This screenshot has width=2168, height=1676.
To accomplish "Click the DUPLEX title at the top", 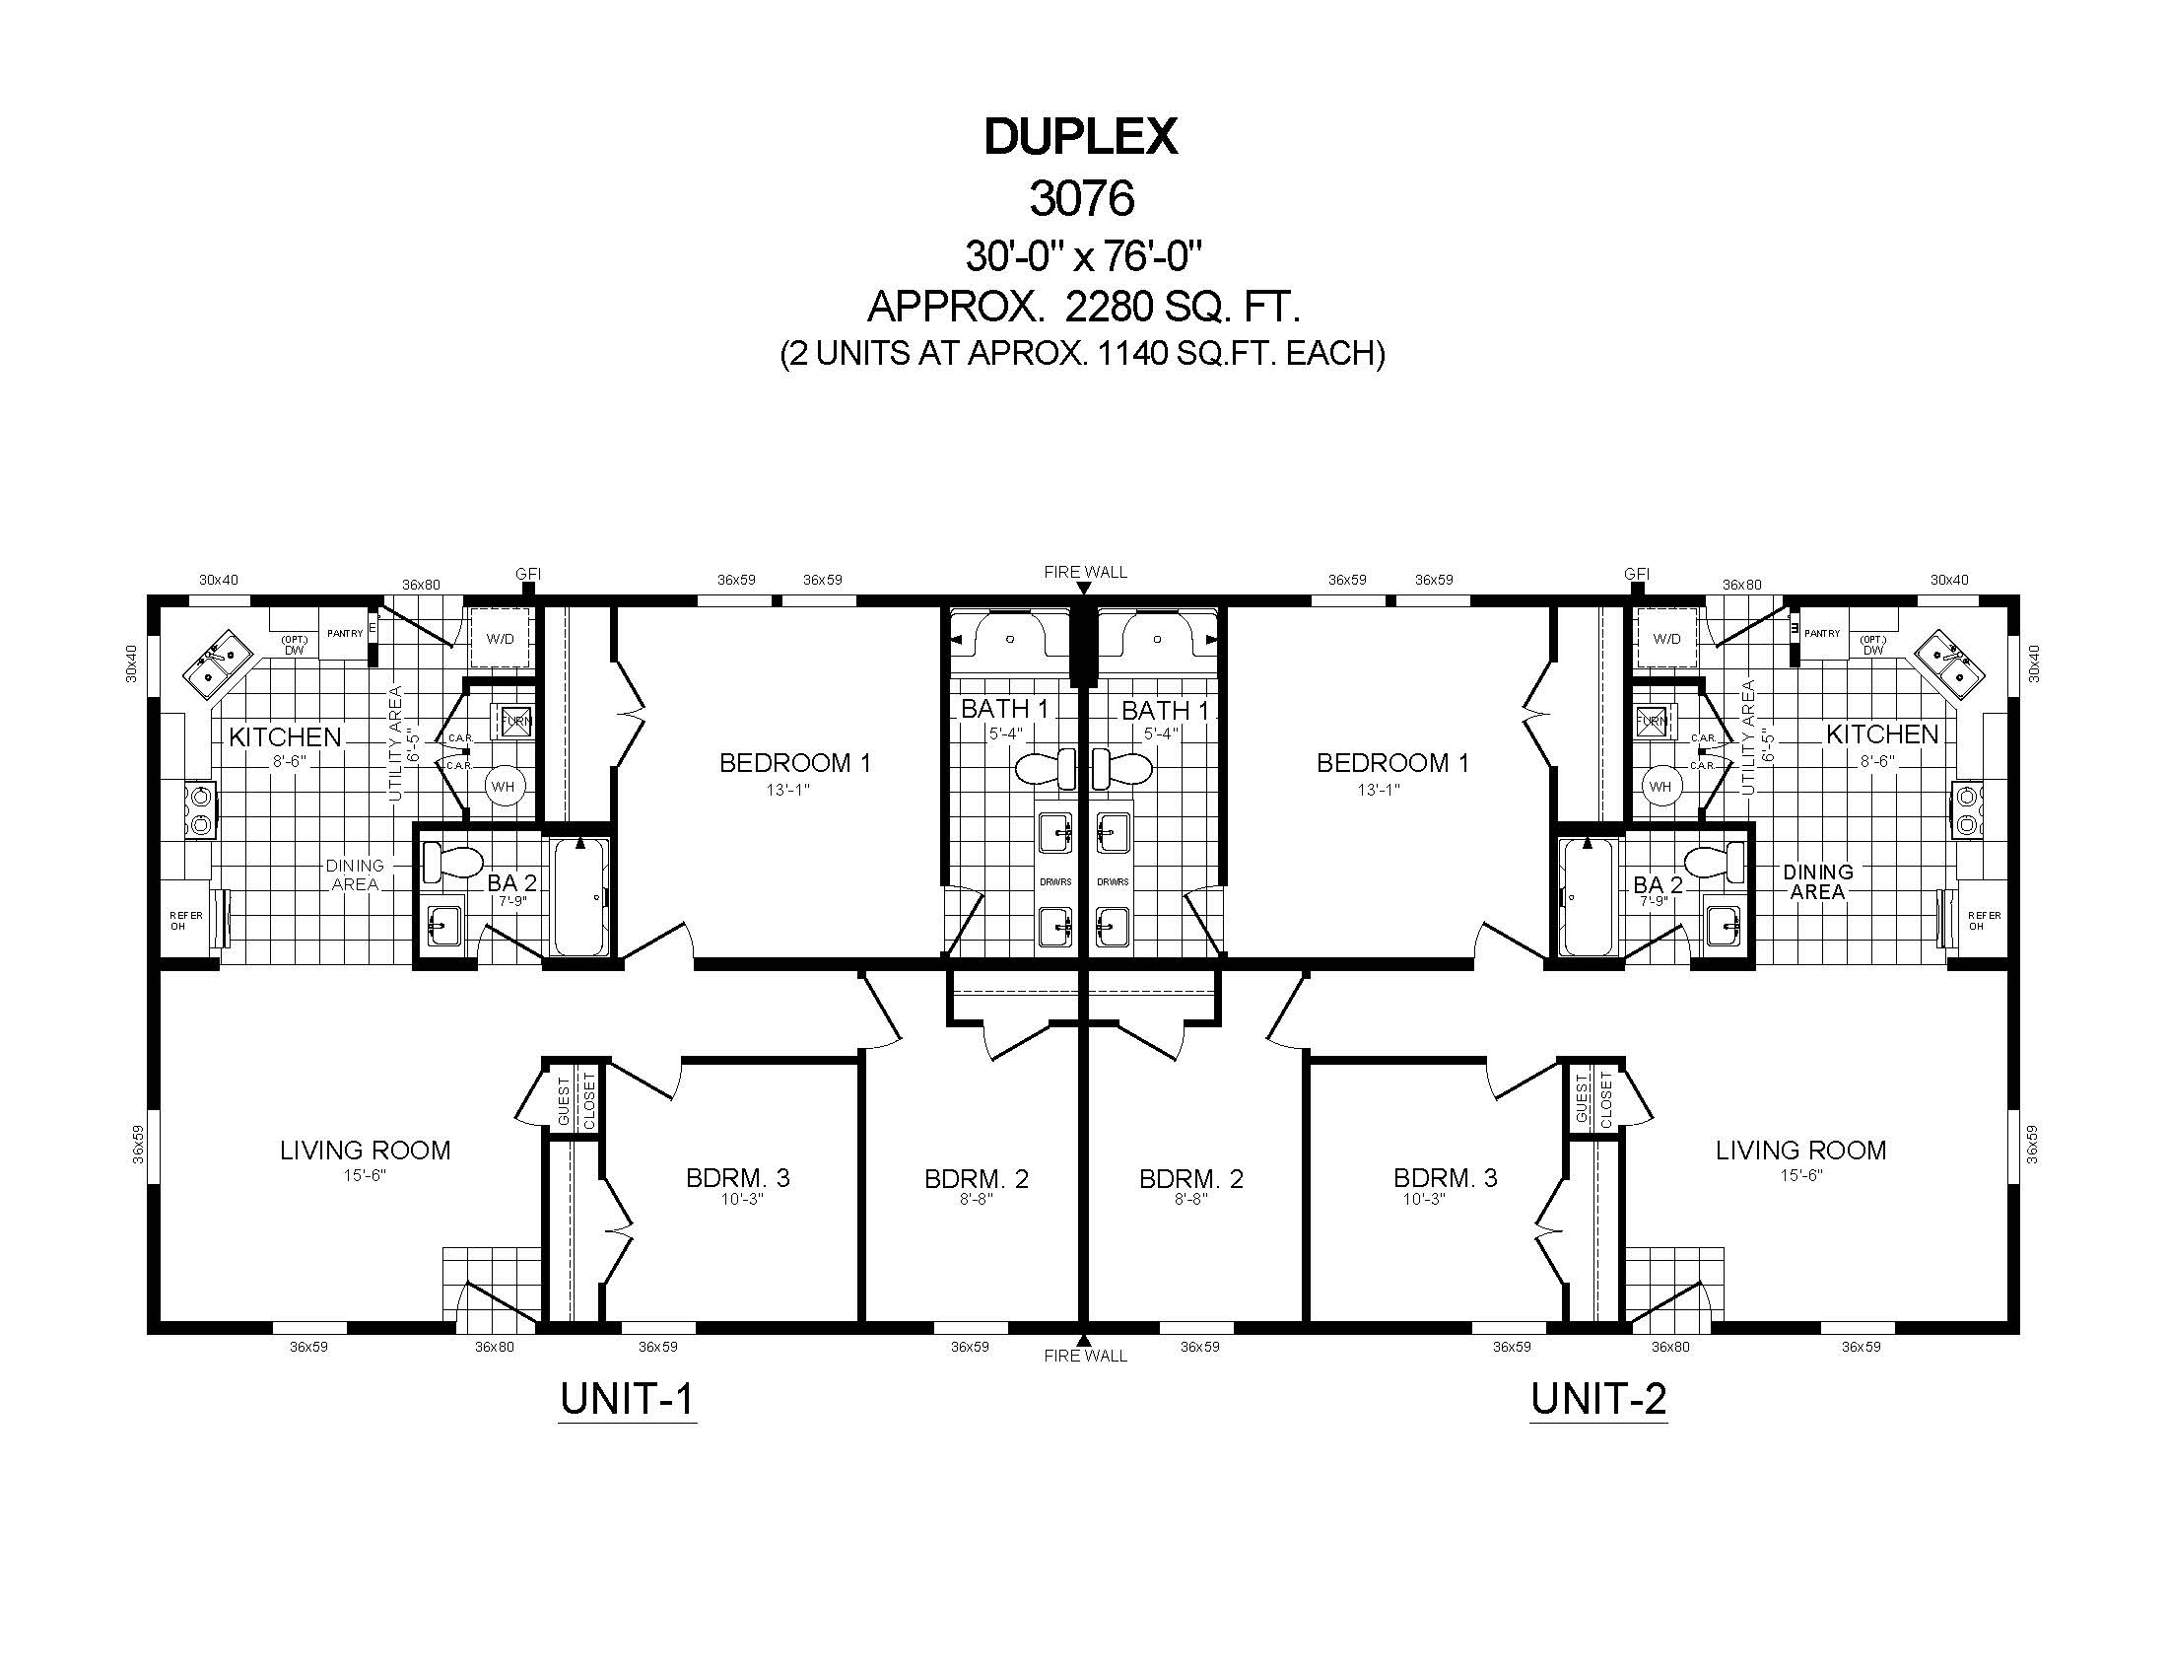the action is click(1080, 137).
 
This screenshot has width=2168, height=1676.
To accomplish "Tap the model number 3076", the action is click(1081, 198).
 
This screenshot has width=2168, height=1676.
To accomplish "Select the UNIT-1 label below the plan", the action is click(627, 1399).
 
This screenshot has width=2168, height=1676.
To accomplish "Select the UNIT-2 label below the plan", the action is click(1598, 1399).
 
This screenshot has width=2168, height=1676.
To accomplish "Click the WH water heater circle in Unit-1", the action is click(503, 787).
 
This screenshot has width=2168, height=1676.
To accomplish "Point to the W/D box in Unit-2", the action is click(1667, 639).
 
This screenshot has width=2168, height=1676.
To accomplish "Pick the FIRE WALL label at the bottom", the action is click(1085, 1357).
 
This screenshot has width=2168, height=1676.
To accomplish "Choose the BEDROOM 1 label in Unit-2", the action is click(1392, 762).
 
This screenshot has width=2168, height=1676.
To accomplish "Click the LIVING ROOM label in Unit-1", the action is click(366, 1151).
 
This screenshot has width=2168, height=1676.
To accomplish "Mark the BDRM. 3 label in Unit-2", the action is click(1446, 1178).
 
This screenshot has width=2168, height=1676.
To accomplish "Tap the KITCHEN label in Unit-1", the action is click(285, 736).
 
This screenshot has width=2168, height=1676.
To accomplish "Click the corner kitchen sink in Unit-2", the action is click(1949, 664).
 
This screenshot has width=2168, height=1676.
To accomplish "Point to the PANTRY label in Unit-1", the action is click(346, 634).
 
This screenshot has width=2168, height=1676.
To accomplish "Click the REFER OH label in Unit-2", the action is click(1985, 921).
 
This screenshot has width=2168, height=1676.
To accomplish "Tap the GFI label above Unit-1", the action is click(528, 574).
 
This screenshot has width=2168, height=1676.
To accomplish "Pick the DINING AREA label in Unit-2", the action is click(1817, 881).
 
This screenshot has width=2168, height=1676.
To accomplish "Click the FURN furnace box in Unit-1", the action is click(516, 721).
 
